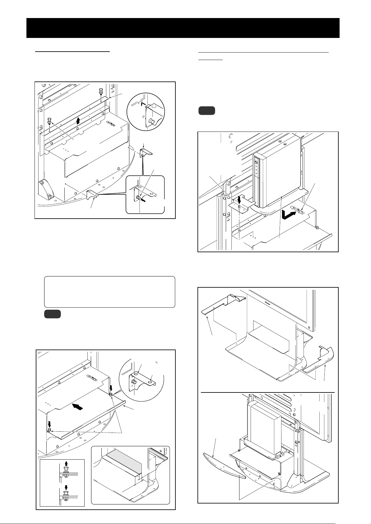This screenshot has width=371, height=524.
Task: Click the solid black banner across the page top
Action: [183, 28]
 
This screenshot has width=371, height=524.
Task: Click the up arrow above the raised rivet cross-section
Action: [66, 464]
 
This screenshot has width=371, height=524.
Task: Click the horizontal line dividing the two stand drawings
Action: [267, 392]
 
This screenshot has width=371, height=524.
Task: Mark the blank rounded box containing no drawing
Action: [110, 291]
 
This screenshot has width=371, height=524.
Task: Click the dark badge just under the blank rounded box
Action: [52, 314]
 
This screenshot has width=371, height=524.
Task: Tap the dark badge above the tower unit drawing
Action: [206, 111]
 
